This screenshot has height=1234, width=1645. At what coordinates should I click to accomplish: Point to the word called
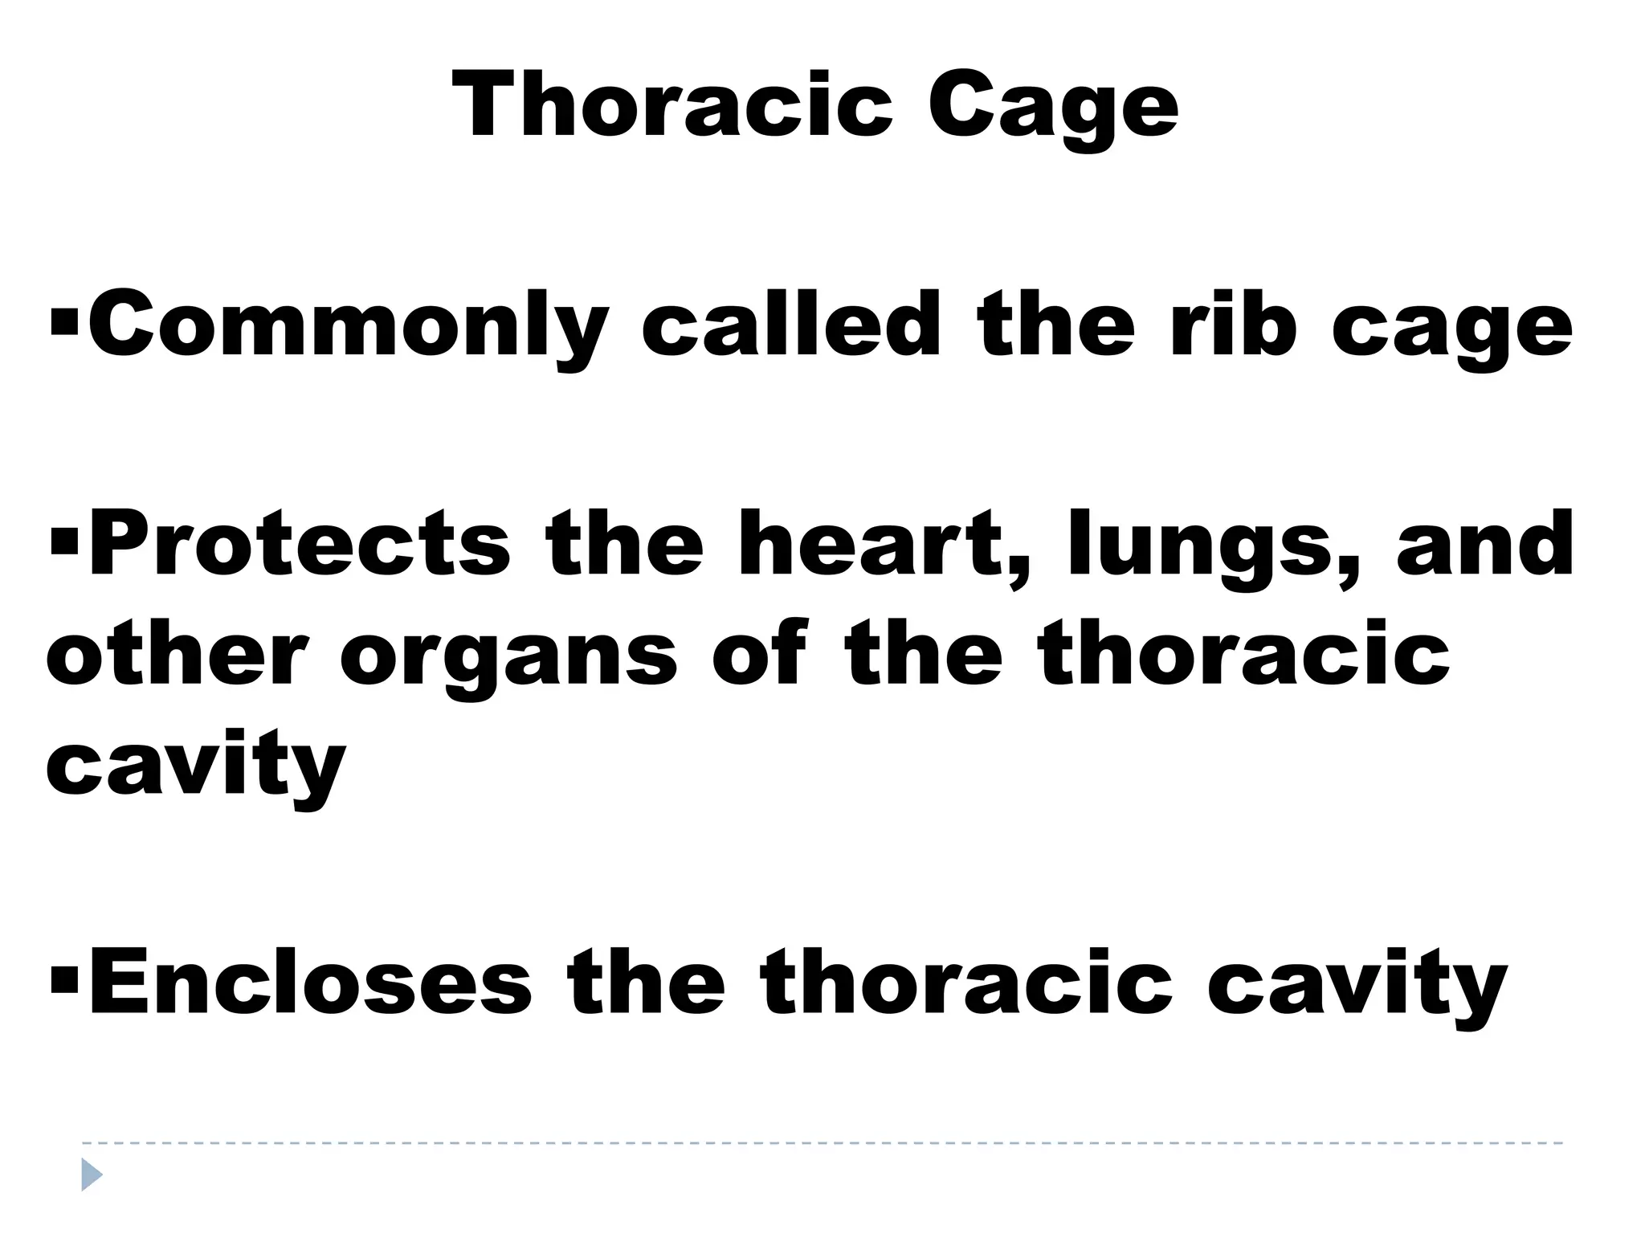coord(791,325)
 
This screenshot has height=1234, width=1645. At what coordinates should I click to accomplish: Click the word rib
coord(1232,325)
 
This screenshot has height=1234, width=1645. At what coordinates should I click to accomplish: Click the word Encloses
coord(310,981)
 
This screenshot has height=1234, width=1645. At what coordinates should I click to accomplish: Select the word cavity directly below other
coord(196,765)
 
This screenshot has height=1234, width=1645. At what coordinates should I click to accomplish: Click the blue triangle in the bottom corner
coord(92,1175)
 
